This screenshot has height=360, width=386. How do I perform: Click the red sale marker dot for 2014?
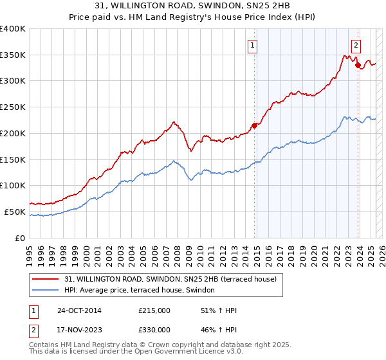coord(254,125)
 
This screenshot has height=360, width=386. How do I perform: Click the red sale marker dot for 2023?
coord(358,65)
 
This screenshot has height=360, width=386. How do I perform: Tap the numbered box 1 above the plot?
coord(253,46)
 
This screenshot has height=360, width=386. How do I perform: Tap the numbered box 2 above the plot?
coord(356,46)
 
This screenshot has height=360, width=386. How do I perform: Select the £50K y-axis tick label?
coord(15,212)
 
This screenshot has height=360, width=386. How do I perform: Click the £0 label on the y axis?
coord(21,238)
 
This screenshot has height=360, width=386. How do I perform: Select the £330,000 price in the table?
coord(154,329)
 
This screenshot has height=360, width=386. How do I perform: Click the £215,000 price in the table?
coord(154,310)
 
